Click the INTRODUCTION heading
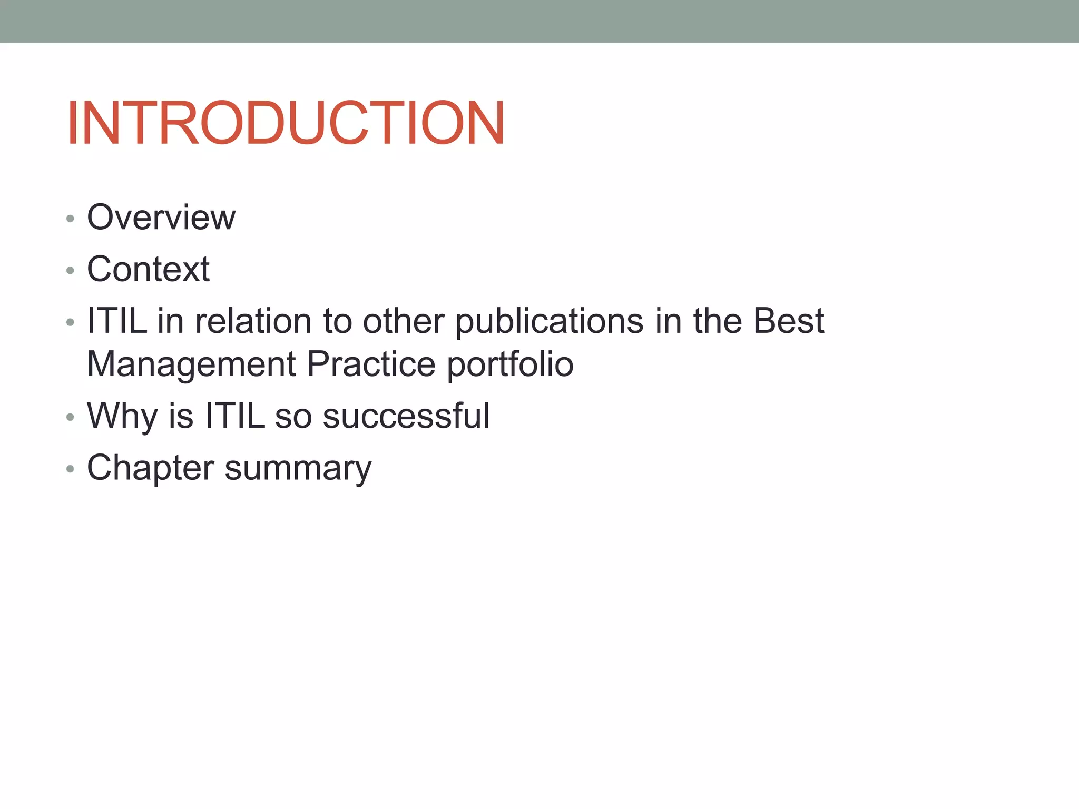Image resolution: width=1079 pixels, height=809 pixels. click(286, 123)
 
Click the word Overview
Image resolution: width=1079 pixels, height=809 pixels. click(161, 217)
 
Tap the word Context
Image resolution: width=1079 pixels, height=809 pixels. click(148, 269)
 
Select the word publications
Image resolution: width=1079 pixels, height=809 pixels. click(549, 321)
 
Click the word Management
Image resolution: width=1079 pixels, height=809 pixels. click(191, 364)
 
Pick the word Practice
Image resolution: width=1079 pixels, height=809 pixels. click(371, 364)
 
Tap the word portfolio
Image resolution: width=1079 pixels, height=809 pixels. click(510, 364)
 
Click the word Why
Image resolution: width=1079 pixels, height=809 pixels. click(122, 416)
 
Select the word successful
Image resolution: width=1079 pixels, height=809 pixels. click(406, 416)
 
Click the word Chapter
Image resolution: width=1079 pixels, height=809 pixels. click(150, 468)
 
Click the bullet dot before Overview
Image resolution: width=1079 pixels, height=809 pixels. click(70, 219)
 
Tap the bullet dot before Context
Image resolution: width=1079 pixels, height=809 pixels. click(70, 271)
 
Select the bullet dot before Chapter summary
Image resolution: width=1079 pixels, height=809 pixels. click(70, 469)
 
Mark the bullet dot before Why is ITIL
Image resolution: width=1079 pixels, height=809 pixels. click(70, 417)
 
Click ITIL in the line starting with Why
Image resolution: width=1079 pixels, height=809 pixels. click(235, 416)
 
